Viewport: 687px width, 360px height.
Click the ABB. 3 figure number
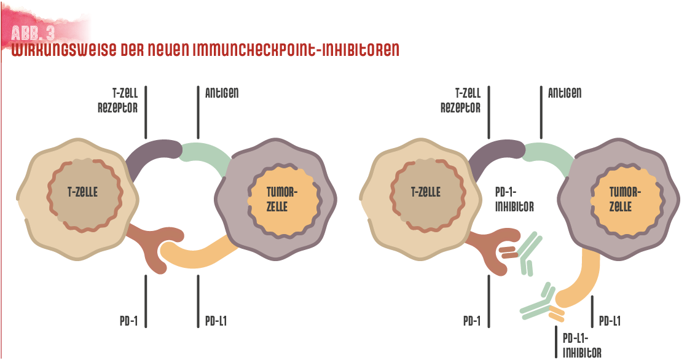coord(33,33)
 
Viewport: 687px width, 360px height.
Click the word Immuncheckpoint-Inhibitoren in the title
coord(296,50)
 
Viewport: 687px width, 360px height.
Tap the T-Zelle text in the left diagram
coord(82,192)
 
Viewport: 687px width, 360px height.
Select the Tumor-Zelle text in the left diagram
coord(281,199)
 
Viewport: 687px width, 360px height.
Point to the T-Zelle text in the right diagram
coord(425,192)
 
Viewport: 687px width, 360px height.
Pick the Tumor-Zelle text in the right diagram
coord(625,199)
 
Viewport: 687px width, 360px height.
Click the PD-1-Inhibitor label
coord(514,199)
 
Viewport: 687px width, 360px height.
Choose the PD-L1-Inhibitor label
coord(582,345)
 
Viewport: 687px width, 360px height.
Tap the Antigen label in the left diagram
coord(222,93)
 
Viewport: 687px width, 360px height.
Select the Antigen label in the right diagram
coord(565,93)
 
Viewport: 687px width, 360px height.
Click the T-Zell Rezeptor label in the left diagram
coord(117,100)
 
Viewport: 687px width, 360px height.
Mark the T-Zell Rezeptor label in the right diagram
coord(460,100)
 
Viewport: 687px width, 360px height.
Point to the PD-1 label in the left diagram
coord(128,321)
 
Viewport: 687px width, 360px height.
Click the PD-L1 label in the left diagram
coord(216,321)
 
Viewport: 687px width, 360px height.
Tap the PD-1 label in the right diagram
coord(472,321)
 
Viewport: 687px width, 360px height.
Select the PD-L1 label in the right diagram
coord(610,321)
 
